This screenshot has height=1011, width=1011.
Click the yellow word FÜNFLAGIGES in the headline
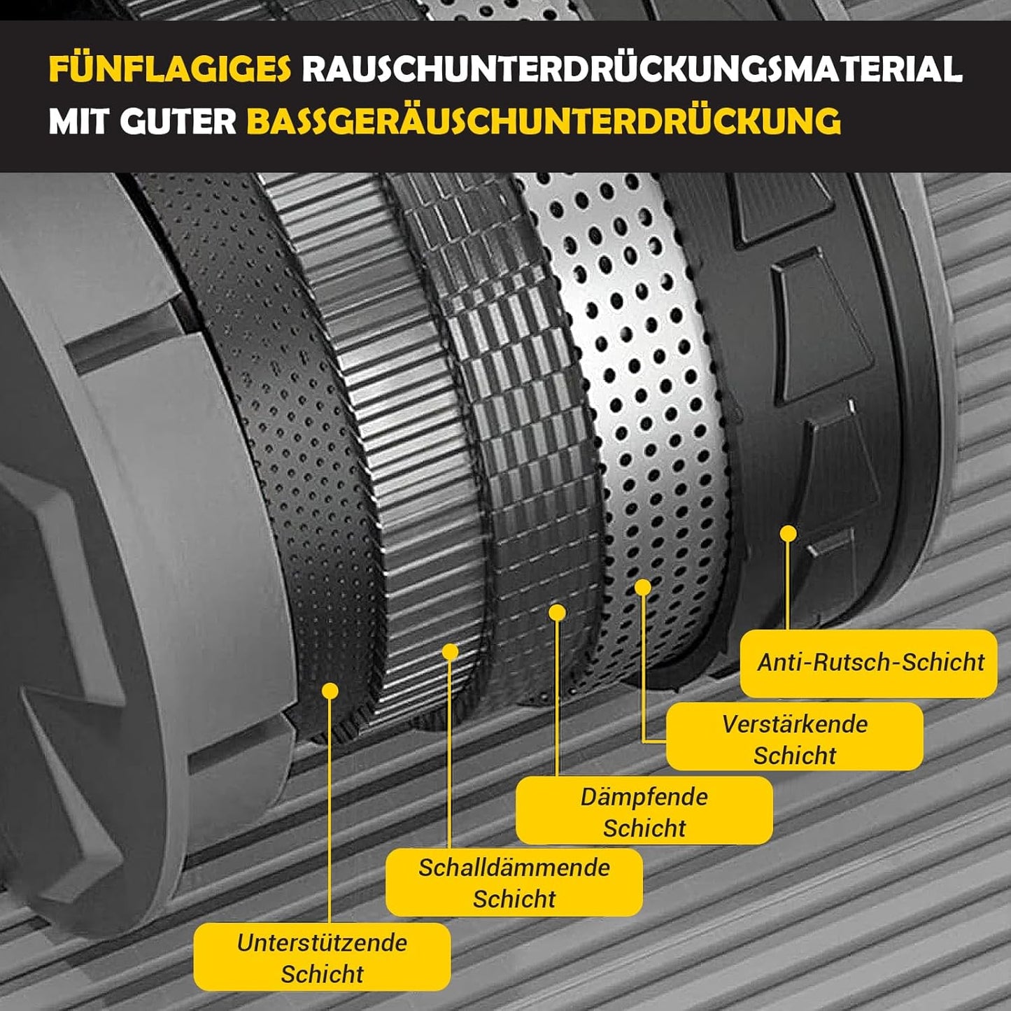tap(169, 69)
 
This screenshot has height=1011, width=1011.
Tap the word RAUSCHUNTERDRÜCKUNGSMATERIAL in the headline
tap(632, 69)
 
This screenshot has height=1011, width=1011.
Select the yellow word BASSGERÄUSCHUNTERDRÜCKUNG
tap(543, 122)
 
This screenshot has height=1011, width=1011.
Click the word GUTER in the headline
tap(178, 122)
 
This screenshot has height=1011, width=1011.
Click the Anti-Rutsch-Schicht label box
tap(868, 663)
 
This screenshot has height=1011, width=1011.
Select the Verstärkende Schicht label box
tap(794, 737)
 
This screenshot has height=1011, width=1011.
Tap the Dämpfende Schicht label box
tap(644, 810)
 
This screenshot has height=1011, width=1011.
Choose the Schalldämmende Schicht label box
tap(514, 882)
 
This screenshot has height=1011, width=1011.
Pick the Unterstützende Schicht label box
tap(322, 956)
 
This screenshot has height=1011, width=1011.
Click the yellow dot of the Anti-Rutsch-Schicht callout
tap(789, 534)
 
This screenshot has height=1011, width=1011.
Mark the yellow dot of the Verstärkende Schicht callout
tap(643, 588)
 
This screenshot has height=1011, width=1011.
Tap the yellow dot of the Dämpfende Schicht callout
tap(557, 613)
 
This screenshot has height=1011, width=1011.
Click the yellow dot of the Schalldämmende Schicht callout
tap(450, 653)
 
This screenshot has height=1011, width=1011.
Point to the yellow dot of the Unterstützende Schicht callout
tap(330, 691)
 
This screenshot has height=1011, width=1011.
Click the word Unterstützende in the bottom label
tap(322, 942)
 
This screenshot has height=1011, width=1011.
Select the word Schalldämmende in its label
tap(514, 868)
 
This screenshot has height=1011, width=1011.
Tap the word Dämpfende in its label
tap(644, 796)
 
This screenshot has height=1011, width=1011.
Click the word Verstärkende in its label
tap(794, 723)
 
